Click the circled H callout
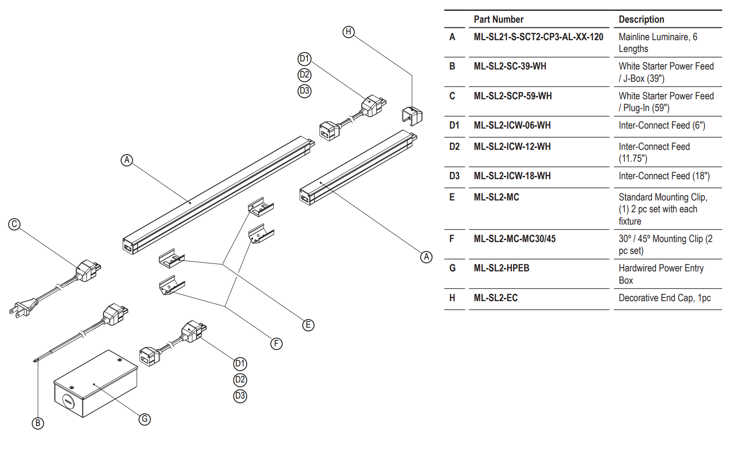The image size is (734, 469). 348,32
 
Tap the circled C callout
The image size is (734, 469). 14,224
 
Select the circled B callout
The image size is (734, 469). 38,423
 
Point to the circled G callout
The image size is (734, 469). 145,419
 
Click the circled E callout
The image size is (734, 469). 308,325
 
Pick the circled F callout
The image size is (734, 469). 276,344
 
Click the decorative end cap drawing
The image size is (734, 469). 412,116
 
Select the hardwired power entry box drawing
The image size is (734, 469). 95,384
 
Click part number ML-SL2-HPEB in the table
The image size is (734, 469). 501,268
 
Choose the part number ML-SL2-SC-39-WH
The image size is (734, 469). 510,66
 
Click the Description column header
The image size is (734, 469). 641,19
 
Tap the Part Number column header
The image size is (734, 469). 499,19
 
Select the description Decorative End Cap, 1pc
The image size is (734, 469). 665,298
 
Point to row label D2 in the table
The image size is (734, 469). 454,147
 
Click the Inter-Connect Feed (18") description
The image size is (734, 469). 664,176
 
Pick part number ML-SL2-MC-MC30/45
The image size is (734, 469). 515,239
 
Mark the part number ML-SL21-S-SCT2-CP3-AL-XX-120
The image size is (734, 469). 538,37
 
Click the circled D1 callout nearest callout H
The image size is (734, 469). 304,59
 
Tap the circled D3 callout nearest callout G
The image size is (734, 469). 240,396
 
